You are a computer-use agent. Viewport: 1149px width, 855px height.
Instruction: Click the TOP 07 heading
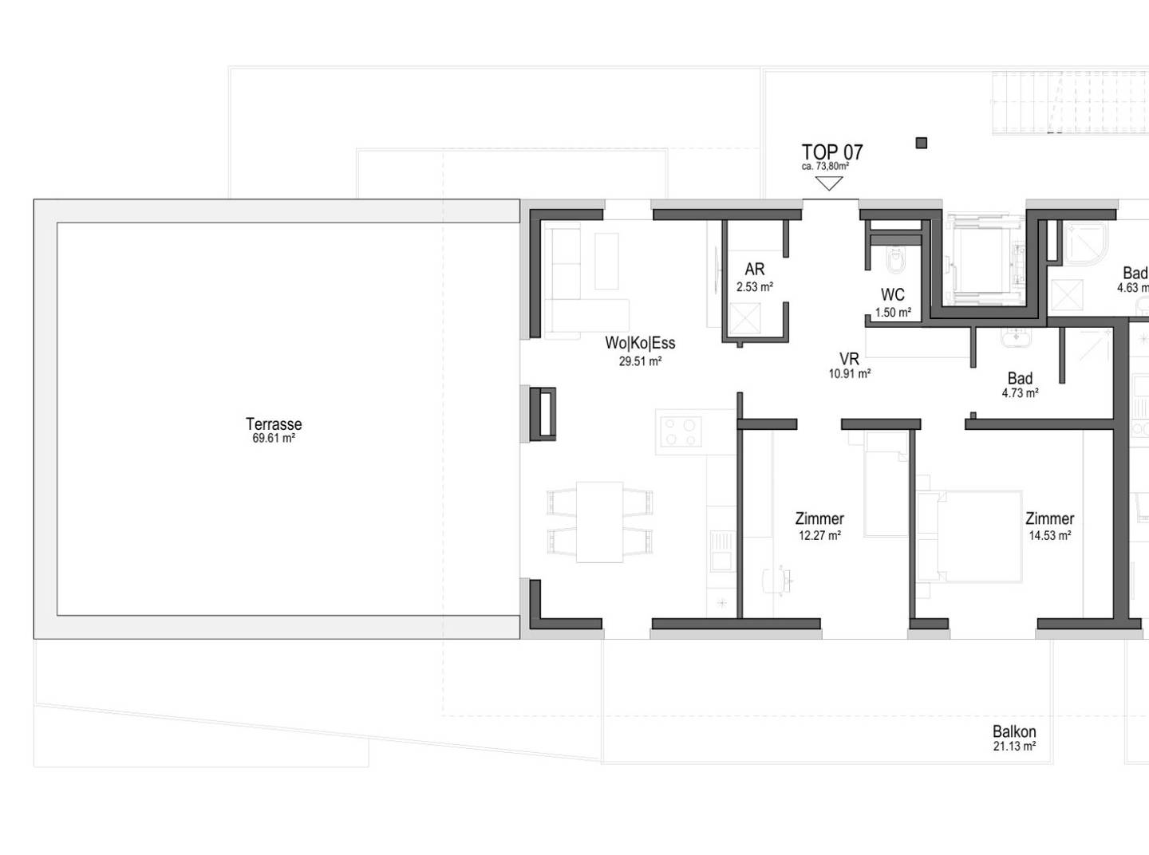pos(832,152)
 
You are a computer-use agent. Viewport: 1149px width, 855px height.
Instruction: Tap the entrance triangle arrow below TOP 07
pos(829,183)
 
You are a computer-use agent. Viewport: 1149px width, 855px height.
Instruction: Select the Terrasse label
pos(274,424)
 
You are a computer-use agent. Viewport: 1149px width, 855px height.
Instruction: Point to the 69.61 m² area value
pos(274,439)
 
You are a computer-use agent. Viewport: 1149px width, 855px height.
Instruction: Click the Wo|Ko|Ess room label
pos(640,343)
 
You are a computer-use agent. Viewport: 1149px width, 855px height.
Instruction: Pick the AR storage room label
pos(755,270)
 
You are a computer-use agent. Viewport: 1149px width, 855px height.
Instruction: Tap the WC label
pos(893,294)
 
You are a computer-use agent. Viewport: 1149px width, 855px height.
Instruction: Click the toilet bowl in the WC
pos(895,260)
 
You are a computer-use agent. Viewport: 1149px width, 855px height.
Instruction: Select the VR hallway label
pos(850,358)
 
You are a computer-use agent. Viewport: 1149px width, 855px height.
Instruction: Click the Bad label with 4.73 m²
pos(1020,378)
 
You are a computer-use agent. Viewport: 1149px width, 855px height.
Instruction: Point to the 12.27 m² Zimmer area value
pos(819,535)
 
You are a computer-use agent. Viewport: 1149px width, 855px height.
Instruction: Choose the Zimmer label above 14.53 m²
pos(1050,518)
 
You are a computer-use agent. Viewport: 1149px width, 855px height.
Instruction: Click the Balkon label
pos(1014,731)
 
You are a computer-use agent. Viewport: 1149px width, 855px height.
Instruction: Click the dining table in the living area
pos(599,522)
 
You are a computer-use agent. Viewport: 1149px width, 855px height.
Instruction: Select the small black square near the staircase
pos(921,143)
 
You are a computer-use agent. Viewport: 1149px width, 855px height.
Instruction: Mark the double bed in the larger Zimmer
pos(969,537)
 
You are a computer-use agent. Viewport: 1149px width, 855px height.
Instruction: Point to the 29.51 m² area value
pos(640,361)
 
